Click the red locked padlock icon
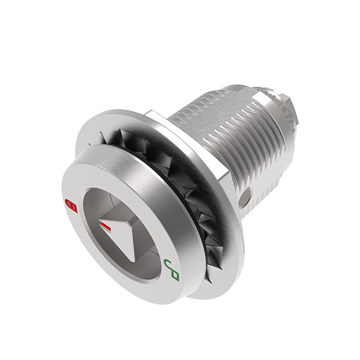[x=71, y=205]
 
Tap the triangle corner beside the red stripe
[x=101, y=223]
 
